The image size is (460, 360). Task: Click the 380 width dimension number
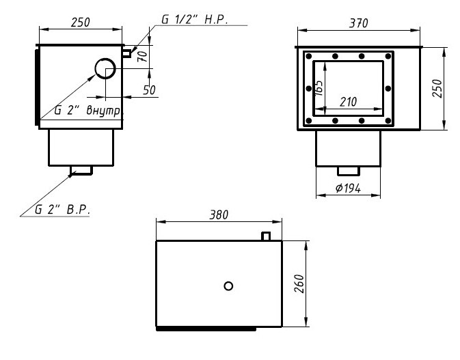point(219,215)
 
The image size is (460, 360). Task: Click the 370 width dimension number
point(358,23)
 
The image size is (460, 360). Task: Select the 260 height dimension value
point(299,283)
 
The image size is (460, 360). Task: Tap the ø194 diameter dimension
point(348,189)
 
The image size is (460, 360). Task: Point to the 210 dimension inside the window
point(348,102)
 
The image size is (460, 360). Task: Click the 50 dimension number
point(149,90)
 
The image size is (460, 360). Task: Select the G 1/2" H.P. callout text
point(195,20)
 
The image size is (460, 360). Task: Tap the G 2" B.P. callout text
point(62,210)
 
